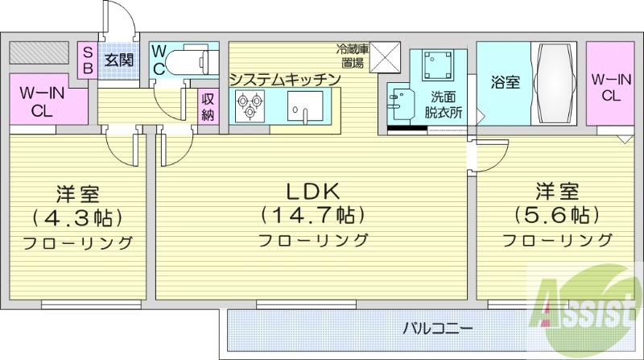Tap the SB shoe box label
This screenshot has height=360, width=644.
point(88,60)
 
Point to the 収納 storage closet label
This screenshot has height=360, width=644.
point(208,106)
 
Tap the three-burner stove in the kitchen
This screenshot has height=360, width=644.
point(249,104)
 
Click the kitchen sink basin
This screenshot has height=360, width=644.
point(305,104)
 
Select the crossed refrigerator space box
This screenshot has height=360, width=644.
point(384,58)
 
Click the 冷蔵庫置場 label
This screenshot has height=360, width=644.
point(353,56)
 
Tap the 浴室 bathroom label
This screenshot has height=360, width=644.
point(504,82)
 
